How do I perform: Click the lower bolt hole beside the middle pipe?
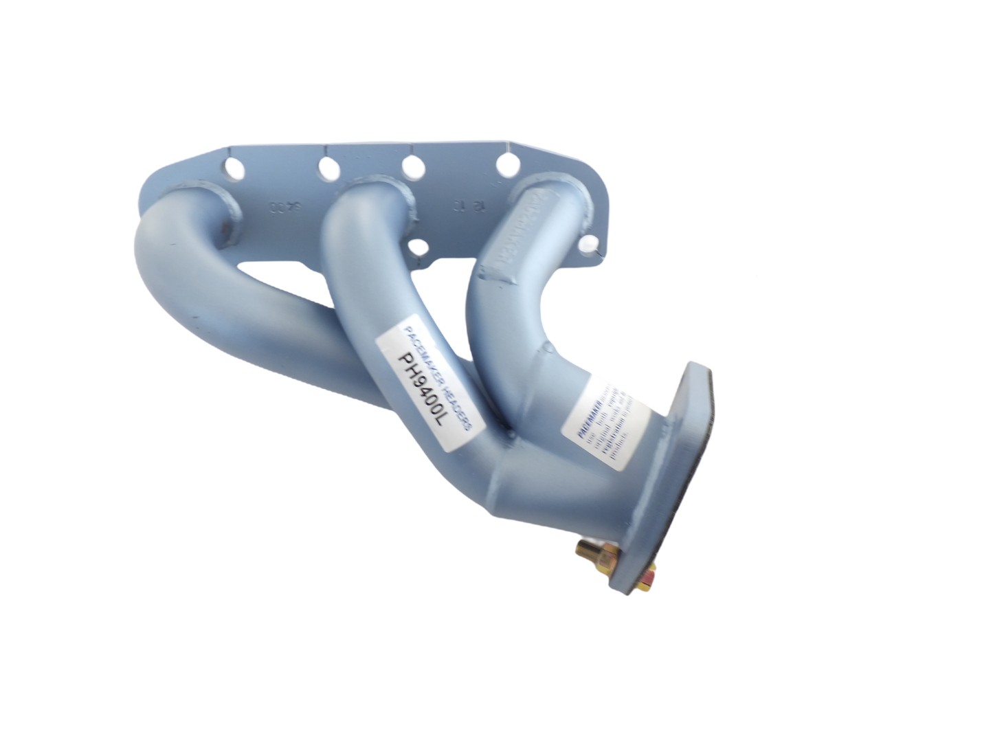point(417,248)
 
